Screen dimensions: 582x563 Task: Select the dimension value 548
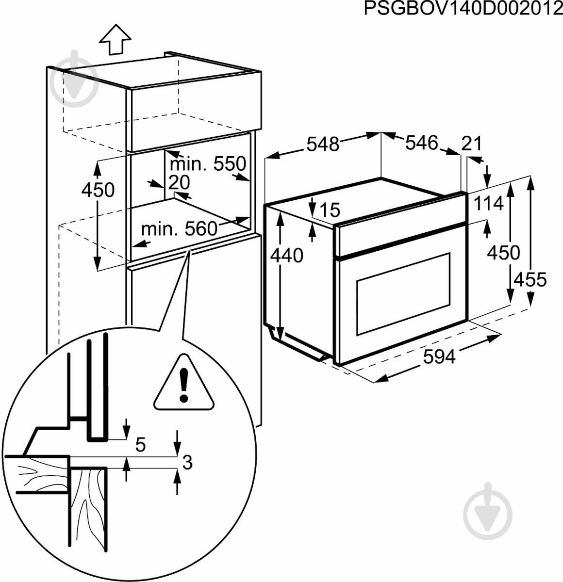coord(323,144)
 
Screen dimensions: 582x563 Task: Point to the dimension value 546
coord(422,143)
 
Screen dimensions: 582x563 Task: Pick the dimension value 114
coord(488,204)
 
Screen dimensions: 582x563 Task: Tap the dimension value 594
coord(439,356)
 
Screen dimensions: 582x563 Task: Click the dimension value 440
coord(287,255)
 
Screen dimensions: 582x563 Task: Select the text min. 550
coord(208,164)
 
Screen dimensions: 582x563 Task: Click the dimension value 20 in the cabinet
coord(179,182)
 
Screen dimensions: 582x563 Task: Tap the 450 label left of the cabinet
coord(98,190)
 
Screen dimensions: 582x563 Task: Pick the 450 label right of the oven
coord(503,252)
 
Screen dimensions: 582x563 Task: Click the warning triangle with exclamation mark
coord(184,384)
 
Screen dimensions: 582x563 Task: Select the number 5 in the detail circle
coord(140,444)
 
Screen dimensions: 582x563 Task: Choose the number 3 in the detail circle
coord(187,463)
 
